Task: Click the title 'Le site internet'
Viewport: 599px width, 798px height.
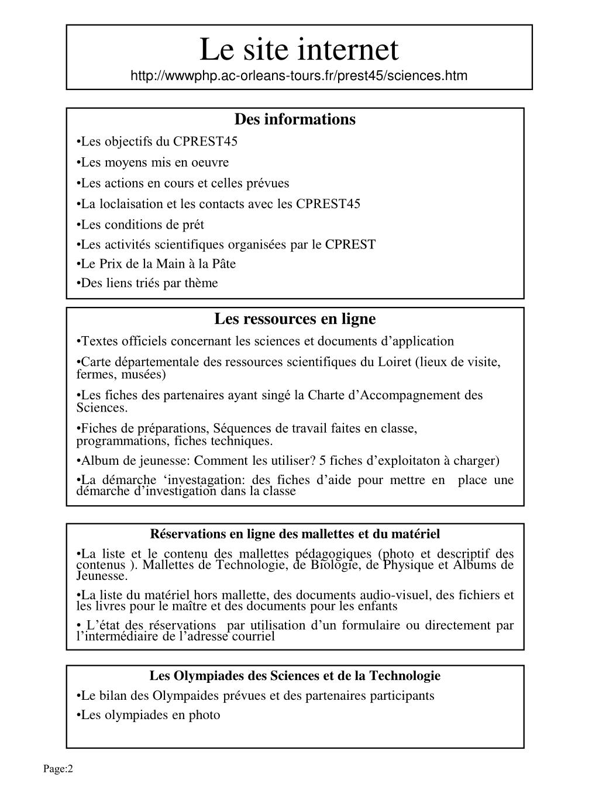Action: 299,49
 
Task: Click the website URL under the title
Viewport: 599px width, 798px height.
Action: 299,76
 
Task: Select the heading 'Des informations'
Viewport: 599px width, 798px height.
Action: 295,119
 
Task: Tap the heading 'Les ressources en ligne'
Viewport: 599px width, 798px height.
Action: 295,319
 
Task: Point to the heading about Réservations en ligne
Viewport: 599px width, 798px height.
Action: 295,534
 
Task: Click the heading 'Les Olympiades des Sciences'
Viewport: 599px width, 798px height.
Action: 295,676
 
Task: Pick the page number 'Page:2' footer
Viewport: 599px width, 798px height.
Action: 58,769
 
